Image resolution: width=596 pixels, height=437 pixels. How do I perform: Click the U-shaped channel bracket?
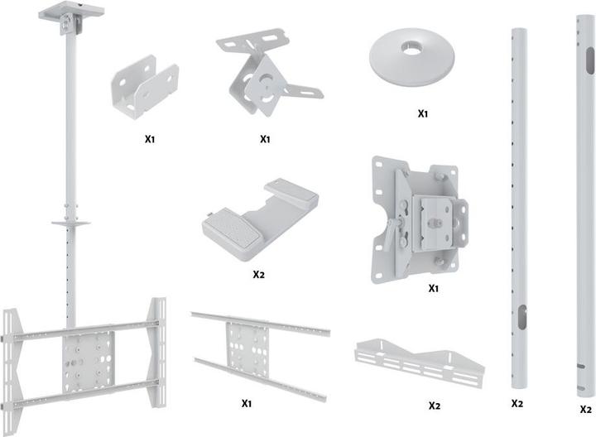[x=145, y=87]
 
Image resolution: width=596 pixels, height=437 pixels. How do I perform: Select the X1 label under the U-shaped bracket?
[x=150, y=139]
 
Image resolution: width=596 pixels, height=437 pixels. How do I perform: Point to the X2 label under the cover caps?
[x=259, y=272]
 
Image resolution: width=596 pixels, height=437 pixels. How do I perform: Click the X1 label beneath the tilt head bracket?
[x=432, y=289]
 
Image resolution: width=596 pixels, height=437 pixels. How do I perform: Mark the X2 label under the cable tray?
[x=434, y=406]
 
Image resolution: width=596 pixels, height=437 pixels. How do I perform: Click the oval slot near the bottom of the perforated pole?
[x=522, y=318]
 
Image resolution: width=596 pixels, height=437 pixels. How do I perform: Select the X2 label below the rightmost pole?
[x=585, y=409]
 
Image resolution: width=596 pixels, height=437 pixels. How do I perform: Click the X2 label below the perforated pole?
[x=517, y=404]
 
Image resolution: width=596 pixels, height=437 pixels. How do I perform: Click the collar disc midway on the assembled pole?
[x=70, y=223]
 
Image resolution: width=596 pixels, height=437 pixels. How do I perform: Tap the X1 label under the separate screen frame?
[x=247, y=403]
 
